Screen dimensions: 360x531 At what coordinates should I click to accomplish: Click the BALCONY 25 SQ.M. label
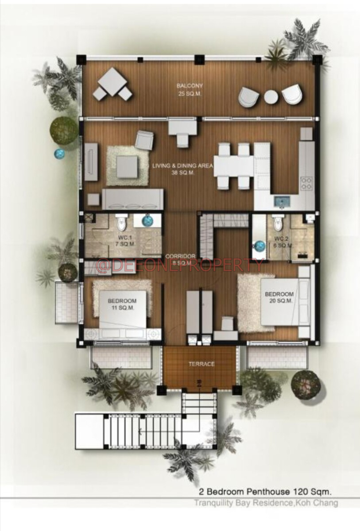pos(190,90)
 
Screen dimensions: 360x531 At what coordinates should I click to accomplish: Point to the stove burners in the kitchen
pos(306,183)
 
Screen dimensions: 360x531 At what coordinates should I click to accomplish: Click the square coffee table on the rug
pos(127,167)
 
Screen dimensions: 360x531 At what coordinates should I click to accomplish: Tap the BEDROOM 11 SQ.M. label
pos(122,304)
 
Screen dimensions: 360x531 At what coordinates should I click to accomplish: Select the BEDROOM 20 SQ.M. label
pos(279,297)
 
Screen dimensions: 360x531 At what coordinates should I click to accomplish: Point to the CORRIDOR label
pos(181,256)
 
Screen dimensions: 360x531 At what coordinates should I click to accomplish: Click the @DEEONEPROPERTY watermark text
pos(179,265)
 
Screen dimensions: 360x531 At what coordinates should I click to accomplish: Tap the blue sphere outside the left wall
pos(59,154)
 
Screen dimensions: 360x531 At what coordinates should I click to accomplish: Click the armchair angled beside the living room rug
pos(144,140)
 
